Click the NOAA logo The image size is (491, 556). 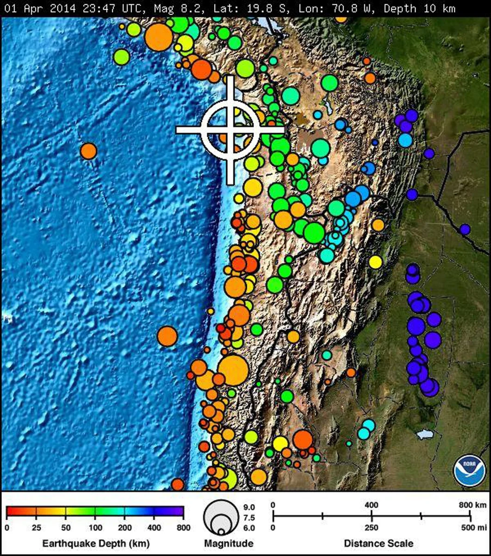click(x=469, y=470)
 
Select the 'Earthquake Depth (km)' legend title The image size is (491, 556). click(x=95, y=543)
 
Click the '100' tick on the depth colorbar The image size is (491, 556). click(x=95, y=527)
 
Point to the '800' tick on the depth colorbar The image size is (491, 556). click(x=183, y=527)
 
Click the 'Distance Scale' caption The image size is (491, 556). click(x=379, y=543)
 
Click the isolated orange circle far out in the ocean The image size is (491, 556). click(x=88, y=151)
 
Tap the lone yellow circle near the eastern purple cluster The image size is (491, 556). click(x=375, y=262)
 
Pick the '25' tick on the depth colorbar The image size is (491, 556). click(x=36, y=527)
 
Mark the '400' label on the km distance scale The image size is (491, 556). click(x=372, y=505)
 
